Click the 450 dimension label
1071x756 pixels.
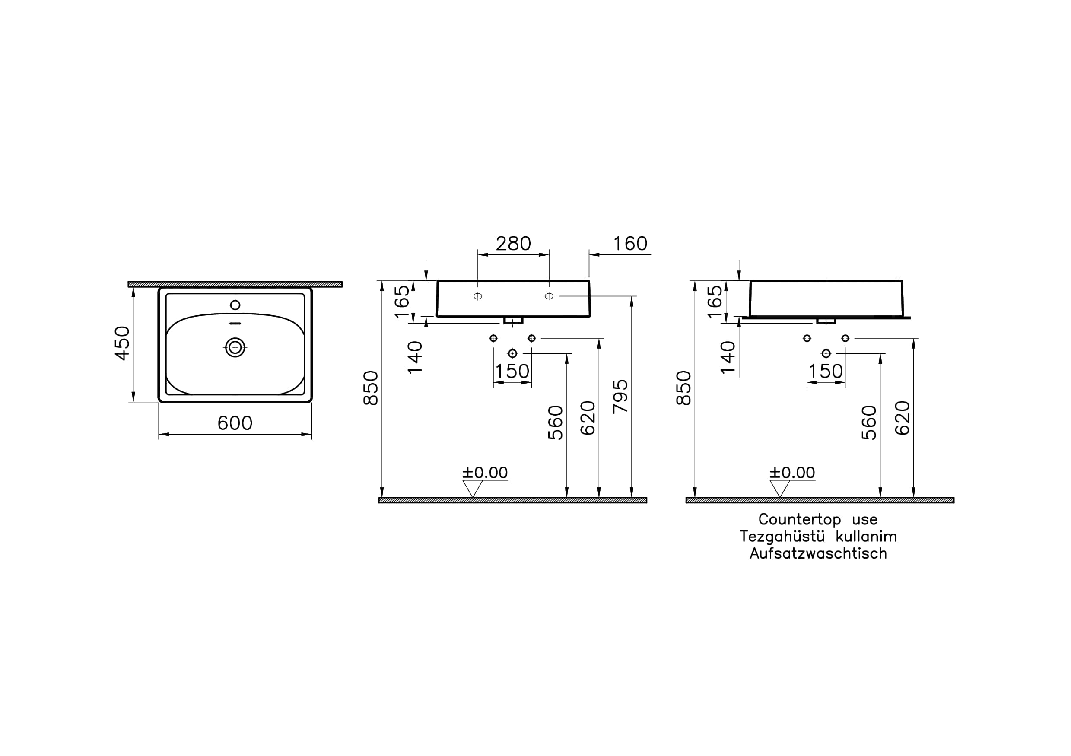pyautogui.click(x=122, y=343)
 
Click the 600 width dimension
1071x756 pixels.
pyautogui.click(x=235, y=423)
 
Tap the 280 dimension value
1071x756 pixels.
pyautogui.click(x=513, y=244)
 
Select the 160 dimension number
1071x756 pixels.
pyautogui.click(x=630, y=244)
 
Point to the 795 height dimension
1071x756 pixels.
pyautogui.click(x=620, y=397)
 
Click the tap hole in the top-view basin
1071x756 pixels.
pyautogui.click(x=235, y=305)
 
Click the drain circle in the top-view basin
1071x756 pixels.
pyautogui.click(x=235, y=347)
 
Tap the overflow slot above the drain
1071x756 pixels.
pyautogui.click(x=235, y=324)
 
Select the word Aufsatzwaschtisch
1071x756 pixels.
pyautogui.click(x=818, y=553)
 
